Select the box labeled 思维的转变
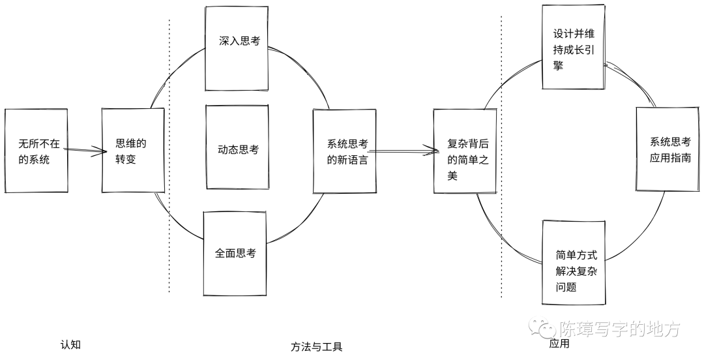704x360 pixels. click(132, 150)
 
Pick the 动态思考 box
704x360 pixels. click(238, 149)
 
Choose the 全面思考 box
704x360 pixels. click(235, 253)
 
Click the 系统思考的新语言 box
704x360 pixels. click(345, 151)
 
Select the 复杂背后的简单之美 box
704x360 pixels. click(462, 151)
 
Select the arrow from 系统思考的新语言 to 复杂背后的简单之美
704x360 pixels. click(405, 151)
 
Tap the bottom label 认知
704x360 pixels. click(70, 344)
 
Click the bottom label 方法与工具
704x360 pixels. click(316, 346)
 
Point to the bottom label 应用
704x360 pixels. click(559, 344)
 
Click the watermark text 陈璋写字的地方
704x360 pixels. click(619, 329)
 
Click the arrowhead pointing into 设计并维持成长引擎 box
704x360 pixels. click(608, 65)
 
